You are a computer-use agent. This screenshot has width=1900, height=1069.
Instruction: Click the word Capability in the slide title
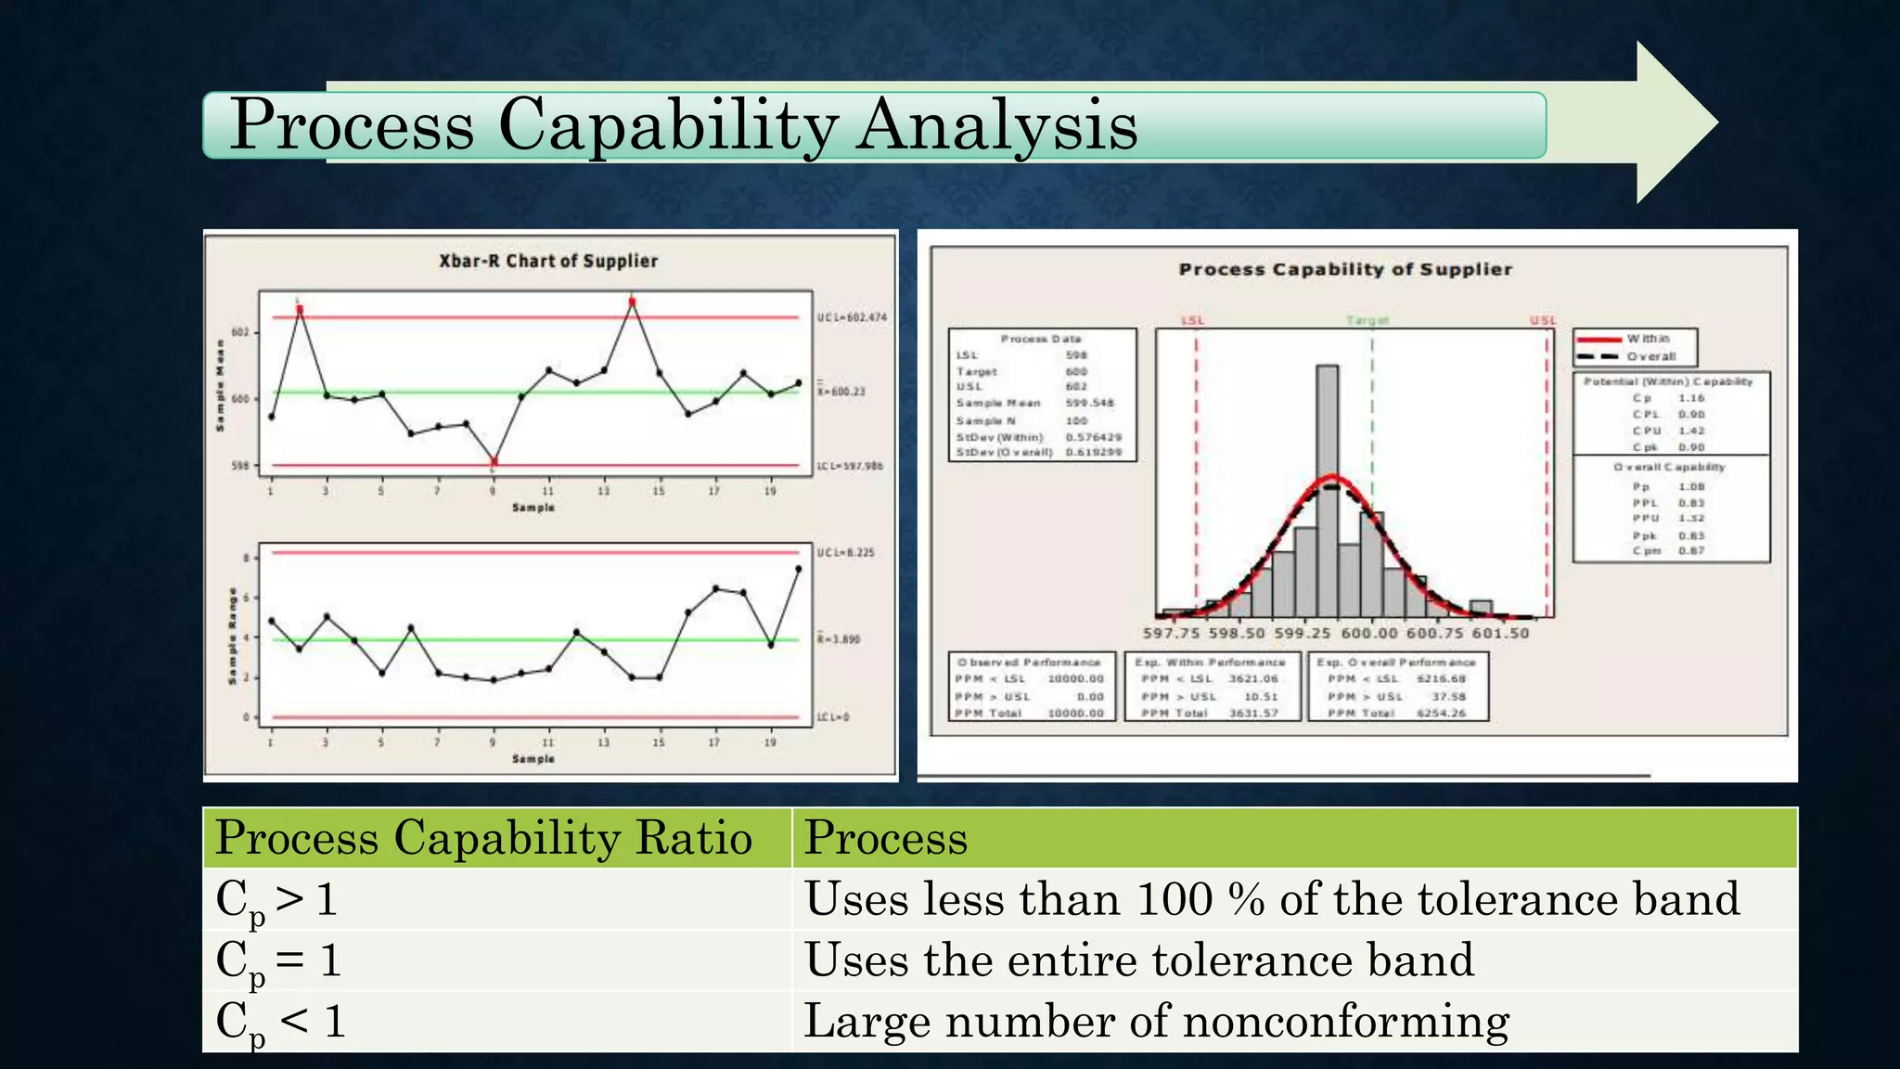click(x=668, y=127)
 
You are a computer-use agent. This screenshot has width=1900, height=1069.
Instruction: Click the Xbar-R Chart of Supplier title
click(x=548, y=262)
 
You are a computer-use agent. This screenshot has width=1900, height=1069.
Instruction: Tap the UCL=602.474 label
click(x=852, y=317)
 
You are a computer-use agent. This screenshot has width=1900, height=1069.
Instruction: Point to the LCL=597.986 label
click(x=850, y=466)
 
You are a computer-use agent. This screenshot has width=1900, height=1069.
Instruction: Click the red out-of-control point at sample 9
click(x=494, y=461)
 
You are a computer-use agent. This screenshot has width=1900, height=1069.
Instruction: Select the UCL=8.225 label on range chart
click(x=845, y=552)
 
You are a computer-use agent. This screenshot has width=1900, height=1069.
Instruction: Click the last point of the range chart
click(x=799, y=569)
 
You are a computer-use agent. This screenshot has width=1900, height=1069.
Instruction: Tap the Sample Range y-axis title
click(x=233, y=637)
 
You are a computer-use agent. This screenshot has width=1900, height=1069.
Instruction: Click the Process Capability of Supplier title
click(x=1345, y=269)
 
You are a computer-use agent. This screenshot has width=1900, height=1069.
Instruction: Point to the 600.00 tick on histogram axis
click(x=1369, y=633)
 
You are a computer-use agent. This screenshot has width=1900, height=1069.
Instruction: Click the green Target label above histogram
click(x=1367, y=320)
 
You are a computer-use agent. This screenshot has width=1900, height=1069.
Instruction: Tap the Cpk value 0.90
click(x=1691, y=447)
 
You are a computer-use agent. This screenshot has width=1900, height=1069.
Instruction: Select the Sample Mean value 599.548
click(x=1089, y=404)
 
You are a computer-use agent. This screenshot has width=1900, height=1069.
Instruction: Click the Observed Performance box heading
click(x=1029, y=663)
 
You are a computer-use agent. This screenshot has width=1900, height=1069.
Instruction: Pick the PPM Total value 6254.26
click(x=1441, y=714)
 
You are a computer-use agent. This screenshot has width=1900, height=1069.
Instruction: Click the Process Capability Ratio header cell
click(x=483, y=838)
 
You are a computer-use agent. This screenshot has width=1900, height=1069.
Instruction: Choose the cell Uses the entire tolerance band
click(x=1138, y=960)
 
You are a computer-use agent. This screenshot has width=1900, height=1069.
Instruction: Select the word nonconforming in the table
click(x=1345, y=1021)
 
